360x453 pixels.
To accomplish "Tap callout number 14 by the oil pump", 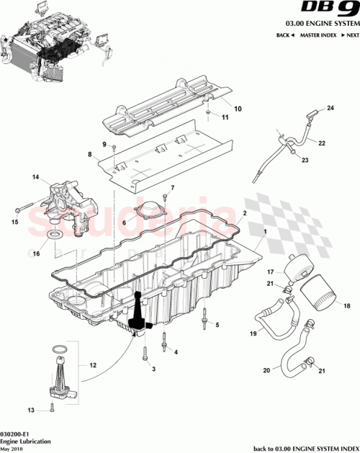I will click(x=35, y=176).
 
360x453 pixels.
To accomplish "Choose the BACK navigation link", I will click(x=284, y=35).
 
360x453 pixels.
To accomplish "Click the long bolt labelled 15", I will click(x=29, y=209).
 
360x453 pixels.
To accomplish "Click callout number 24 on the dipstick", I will click(x=331, y=108).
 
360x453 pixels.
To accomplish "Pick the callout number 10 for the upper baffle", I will click(x=238, y=109).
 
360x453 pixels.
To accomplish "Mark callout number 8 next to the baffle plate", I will click(x=90, y=155).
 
